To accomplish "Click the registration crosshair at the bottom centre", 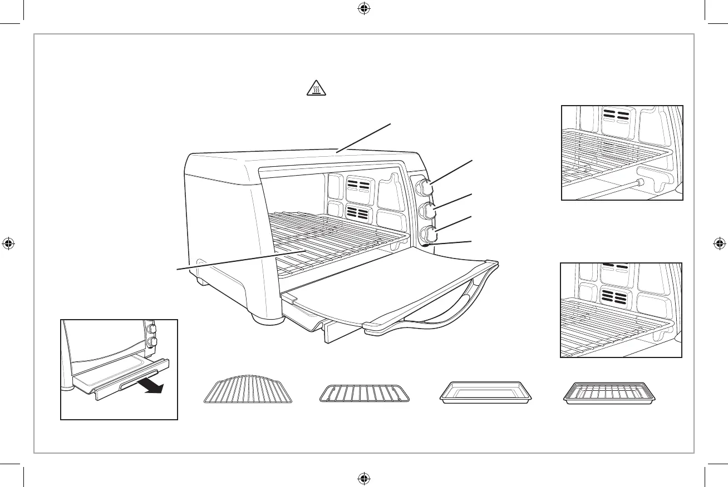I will pos(363,478).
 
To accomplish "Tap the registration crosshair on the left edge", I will pos(8,243).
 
